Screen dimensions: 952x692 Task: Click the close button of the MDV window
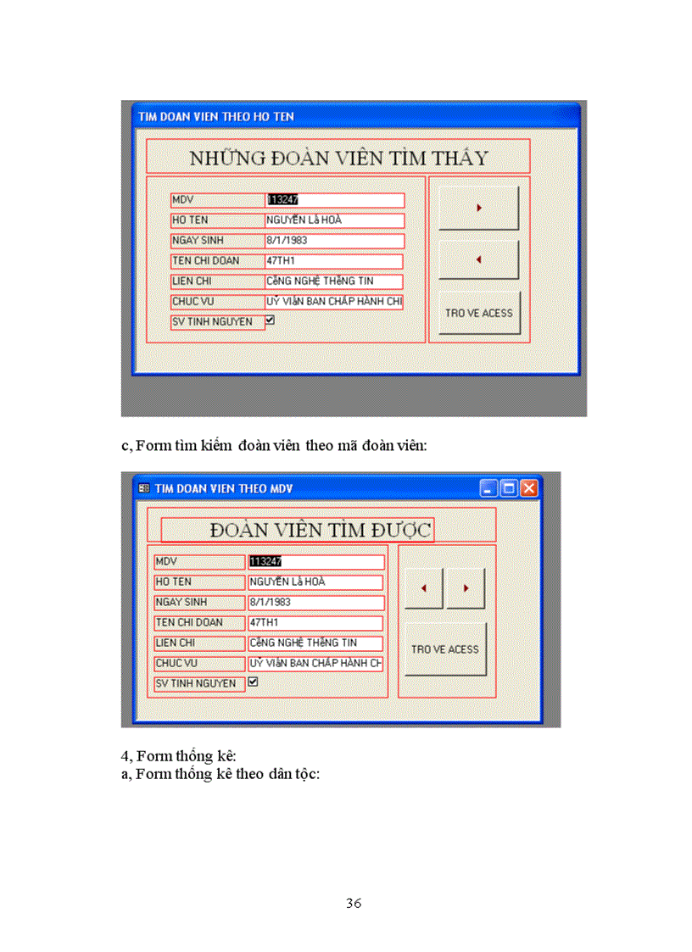point(529,488)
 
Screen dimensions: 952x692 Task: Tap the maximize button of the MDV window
point(509,488)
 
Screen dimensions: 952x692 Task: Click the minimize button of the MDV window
point(488,488)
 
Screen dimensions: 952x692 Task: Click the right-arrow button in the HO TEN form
point(478,208)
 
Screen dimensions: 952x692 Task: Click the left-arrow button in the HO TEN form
point(478,259)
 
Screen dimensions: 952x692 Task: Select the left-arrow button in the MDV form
point(424,587)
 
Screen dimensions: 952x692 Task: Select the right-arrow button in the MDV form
point(466,587)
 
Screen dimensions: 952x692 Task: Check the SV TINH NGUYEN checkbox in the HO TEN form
point(270,321)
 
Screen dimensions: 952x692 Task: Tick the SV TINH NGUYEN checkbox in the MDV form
point(253,682)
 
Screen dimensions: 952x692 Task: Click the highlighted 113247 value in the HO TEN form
point(282,200)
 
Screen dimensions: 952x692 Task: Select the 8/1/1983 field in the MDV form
point(315,602)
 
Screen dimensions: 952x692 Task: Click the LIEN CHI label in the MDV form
point(199,643)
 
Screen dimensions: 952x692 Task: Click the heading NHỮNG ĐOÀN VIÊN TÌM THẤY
point(338,158)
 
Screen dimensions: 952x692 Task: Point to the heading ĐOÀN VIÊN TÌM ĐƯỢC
point(321,530)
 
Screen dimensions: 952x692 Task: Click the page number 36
point(354,903)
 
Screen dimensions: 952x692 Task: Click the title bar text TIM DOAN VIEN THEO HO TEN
point(216,116)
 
